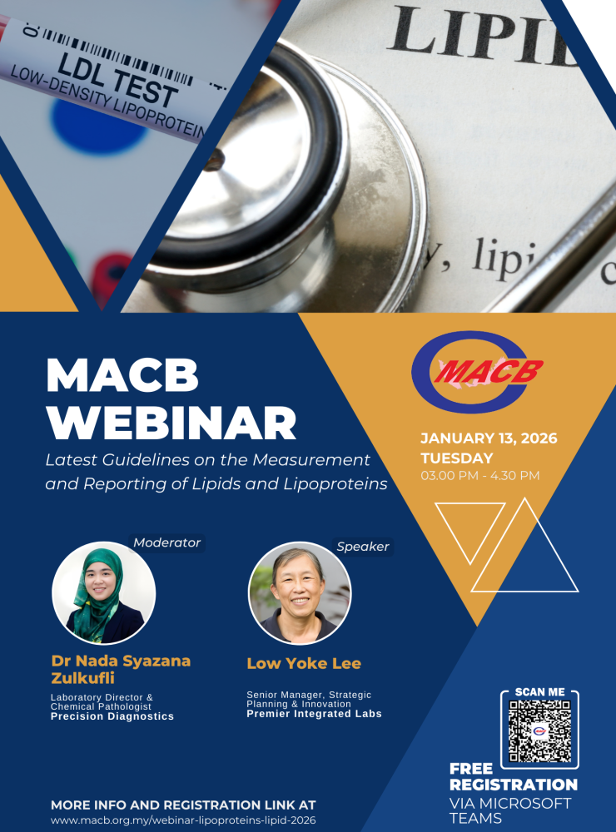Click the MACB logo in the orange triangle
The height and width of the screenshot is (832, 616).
(x=477, y=371)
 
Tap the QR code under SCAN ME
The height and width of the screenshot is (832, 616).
(x=539, y=731)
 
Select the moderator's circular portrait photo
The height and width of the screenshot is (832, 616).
(x=103, y=592)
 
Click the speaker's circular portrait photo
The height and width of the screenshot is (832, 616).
(x=300, y=592)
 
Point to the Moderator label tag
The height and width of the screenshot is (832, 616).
(x=166, y=542)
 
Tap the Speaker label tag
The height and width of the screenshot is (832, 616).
(x=363, y=547)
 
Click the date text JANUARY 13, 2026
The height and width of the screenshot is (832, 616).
(x=489, y=438)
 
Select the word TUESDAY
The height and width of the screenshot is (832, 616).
(x=457, y=458)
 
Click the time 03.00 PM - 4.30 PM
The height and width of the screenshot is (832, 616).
(x=480, y=475)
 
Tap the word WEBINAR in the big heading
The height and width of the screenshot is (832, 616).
(x=171, y=423)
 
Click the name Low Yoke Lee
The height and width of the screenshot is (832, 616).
(x=304, y=663)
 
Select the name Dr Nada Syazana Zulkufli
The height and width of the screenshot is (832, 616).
(x=121, y=669)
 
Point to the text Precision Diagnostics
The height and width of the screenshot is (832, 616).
(x=112, y=716)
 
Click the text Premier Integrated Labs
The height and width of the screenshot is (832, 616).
(x=314, y=714)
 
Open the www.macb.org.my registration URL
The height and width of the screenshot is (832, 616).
(x=183, y=820)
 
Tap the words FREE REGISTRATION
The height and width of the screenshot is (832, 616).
(x=513, y=777)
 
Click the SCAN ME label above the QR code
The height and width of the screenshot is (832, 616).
(x=539, y=692)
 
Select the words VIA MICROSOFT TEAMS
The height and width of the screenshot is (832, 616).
(x=509, y=810)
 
